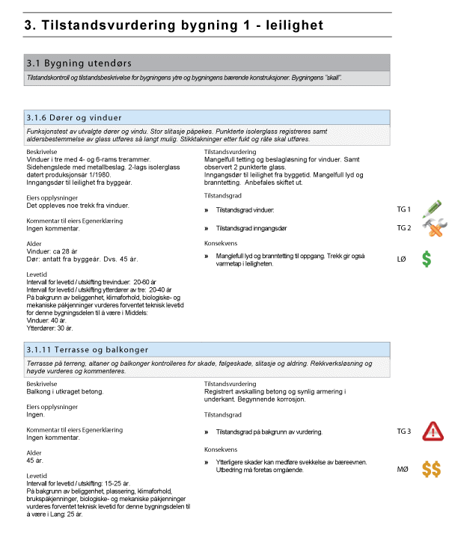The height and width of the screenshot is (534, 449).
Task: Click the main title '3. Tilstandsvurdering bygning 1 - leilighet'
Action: pyautogui.click(x=174, y=25)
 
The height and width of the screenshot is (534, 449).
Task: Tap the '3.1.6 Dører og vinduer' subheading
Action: pyautogui.click(x=74, y=117)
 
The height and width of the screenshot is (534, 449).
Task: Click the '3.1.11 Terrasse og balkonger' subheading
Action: pyautogui.click(x=88, y=349)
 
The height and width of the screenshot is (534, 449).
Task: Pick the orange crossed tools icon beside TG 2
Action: pyautogui.click(x=432, y=227)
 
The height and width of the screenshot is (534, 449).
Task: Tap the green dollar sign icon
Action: pyautogui.click(x=426, y=260)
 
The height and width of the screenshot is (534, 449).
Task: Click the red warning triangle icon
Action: pyautogui.click(x=433, y=432)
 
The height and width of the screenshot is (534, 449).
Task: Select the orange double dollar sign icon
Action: pyautogui.click(x=431, y=469)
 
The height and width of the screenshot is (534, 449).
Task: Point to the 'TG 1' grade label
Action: pyautogui.click(x=404, y=210)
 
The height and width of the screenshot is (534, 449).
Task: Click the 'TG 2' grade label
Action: pyautogui.click(x=404, y=228)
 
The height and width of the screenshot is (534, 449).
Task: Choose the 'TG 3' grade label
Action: pyautogui.click(x=404, y=432)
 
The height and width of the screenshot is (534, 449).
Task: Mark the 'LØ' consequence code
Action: pyautogui.click(x=401, y=260)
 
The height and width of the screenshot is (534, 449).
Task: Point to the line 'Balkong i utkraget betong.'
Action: pyautogui.click(x=64, y=392)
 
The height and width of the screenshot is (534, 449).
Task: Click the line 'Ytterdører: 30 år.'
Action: pyautogui.click(x=50, y=328)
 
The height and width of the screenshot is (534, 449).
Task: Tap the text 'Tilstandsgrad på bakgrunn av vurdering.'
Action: pyautogui.click(x=268, y=432)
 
